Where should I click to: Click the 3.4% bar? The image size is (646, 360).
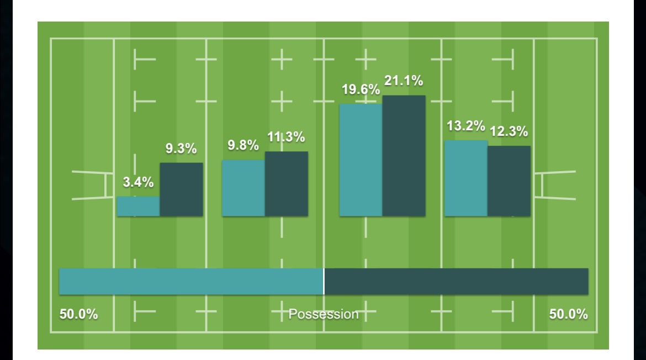click(138, 206)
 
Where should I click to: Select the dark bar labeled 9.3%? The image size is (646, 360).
click(181, 189)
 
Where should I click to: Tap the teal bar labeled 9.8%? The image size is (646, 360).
click(243, 188)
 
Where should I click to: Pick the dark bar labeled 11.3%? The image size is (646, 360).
click(286, 183)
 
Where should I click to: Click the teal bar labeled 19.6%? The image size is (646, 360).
click(361, 160)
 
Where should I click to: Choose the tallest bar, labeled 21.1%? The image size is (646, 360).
click(404, 155)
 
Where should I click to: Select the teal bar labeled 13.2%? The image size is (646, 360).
click(465, 178)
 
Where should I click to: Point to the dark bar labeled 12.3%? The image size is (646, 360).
click(509, 181)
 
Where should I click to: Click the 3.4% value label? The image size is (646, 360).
click(138, 183)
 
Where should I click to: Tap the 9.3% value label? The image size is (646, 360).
click(182, 149)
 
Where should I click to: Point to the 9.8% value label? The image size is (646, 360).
click(243, 146)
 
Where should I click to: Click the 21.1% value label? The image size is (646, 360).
click(404, 81)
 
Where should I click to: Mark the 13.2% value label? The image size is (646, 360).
click(465, 126)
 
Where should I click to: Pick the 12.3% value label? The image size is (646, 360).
click(509, 132)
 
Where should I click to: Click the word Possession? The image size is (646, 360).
click(324, 314)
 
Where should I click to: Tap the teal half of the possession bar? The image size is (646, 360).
click(191, 282)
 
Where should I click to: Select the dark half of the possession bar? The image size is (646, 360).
click(456, 282)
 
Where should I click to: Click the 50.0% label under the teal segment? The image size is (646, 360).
click(78, 314)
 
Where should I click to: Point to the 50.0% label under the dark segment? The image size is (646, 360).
click(568, 314)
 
